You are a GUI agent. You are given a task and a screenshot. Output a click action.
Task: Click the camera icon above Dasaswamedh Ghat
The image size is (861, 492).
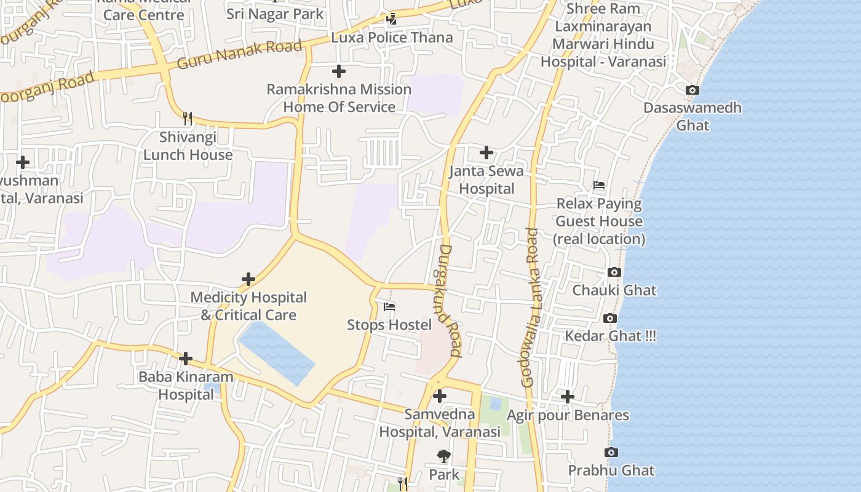692,90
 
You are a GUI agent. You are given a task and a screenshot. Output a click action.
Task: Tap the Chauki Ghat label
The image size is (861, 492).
614,290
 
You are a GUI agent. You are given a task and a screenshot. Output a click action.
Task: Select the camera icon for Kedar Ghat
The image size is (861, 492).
610,318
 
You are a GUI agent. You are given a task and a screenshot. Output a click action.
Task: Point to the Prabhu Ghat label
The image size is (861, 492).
611,470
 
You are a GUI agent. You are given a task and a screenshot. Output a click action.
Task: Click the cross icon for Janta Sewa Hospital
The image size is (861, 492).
486,152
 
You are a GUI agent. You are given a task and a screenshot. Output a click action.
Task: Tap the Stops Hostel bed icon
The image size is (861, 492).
389,306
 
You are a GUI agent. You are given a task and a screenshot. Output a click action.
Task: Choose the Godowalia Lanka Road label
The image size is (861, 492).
530,307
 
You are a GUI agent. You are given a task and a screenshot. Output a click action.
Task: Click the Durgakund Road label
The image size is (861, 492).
450,301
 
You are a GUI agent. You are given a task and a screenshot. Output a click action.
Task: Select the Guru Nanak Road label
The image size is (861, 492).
240,54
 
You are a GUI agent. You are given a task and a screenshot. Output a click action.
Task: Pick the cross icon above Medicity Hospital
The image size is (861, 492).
248,279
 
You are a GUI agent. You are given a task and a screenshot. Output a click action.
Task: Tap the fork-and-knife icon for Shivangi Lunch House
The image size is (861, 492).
188,118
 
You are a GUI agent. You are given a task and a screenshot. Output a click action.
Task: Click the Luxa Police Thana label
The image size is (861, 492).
392,38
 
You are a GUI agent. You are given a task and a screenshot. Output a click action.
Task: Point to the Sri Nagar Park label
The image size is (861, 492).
275,14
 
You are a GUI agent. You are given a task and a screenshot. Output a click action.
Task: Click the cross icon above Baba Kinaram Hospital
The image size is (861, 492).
186,358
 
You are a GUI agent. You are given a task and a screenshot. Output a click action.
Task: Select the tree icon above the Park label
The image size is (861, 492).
443,456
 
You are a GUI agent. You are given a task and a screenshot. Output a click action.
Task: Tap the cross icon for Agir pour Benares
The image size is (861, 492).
568,397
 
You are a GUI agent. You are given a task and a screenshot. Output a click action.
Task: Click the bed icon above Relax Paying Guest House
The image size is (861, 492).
599,185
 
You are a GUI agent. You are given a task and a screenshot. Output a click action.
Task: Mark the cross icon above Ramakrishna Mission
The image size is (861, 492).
338,71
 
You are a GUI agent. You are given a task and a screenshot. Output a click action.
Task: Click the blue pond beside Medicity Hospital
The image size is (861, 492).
277,352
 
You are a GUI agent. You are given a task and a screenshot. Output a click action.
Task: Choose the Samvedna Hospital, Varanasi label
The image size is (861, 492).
440,423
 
